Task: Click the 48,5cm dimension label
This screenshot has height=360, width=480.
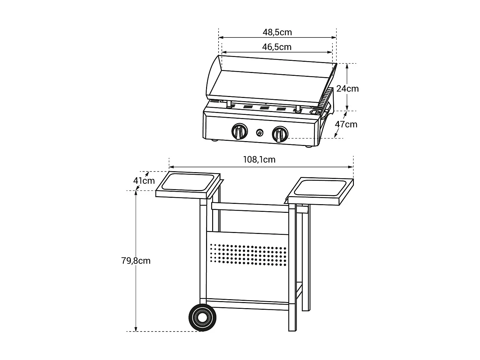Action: click(277, 32)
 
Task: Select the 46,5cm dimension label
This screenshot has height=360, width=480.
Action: click(277, 47)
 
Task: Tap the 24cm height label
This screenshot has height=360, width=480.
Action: click(348, 88)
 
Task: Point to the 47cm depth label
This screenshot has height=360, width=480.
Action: click(346, 124)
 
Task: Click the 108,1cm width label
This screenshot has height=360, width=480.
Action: click(259, 159)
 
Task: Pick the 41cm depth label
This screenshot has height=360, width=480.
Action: click(144, 181)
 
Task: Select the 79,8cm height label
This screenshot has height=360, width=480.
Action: click(136, 260)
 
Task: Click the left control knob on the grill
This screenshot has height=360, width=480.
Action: click(239, 132)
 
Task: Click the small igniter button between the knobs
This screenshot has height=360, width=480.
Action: click(260, 132)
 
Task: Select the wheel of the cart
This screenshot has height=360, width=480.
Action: click(202, 317)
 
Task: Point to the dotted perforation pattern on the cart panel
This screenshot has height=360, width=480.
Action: click(248, 254)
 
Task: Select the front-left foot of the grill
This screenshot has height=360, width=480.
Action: click(215, 140)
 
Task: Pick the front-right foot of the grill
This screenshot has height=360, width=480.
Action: click(309, 147)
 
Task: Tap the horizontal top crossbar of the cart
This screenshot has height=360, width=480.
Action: click(250, 207)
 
